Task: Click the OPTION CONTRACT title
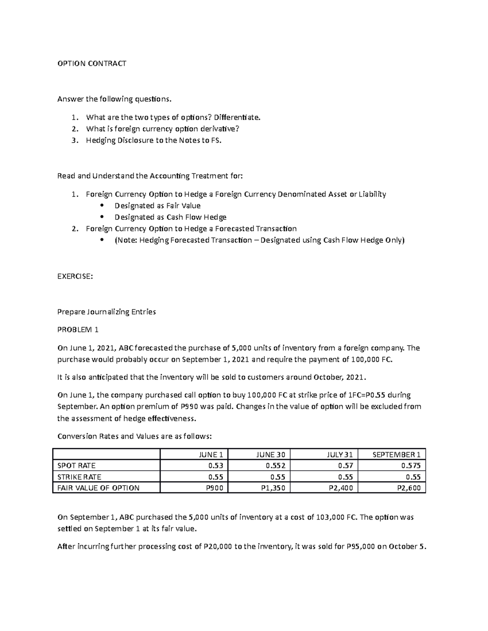(x=92, y=63)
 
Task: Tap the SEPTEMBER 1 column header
(x=396, y=455)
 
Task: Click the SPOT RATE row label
(x=76, y=466)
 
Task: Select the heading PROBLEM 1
(x=78, y=330)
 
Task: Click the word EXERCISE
(x=75, y=276)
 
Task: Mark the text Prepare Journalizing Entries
(x=107, y=312)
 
